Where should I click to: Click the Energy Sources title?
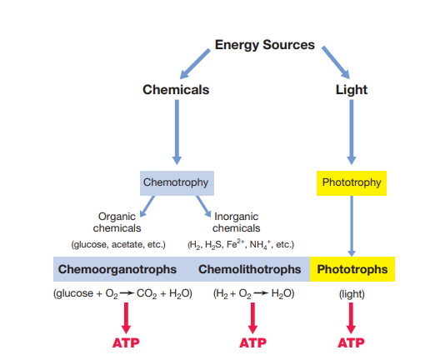(265, 44)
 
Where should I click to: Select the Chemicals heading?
(176, 89)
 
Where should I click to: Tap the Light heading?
(351, 89)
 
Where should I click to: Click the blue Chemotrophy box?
(176, 182)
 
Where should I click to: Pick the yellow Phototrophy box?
(351, 182)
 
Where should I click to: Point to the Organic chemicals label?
(117, 222)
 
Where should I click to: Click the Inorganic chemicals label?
(237, 222)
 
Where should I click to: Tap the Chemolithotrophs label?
(250, 270)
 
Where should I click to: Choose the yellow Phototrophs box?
(352, 270)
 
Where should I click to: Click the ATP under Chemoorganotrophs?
(126, 342)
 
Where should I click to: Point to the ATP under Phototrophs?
(351, 342)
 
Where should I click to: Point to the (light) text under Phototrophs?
(351, 293)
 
